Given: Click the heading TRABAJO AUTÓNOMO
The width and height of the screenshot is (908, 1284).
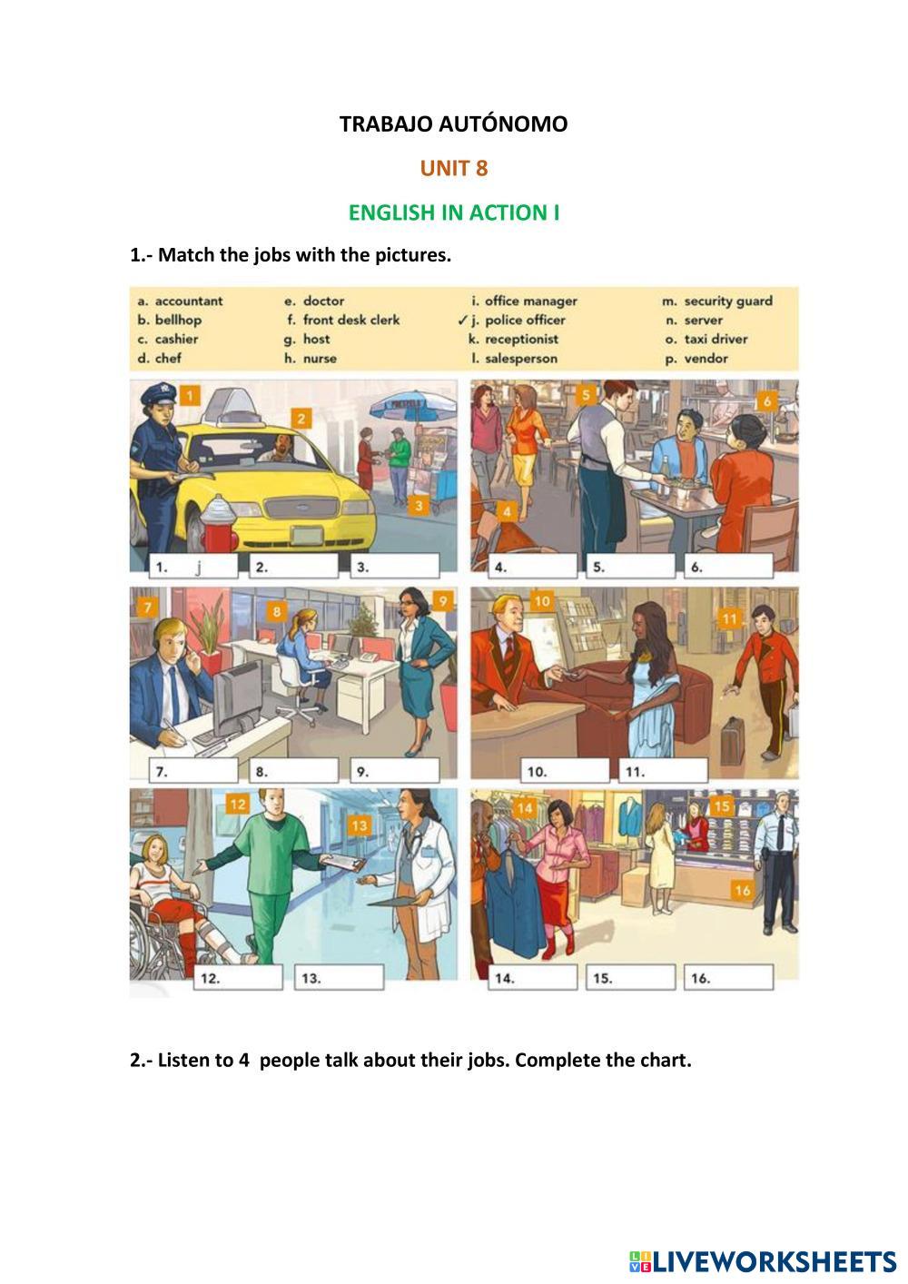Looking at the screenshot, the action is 453,123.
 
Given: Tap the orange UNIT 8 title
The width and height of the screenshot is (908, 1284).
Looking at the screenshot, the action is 453,168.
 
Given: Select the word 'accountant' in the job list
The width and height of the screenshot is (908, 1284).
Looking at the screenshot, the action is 189,301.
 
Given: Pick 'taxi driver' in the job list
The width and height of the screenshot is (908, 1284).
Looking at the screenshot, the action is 716,339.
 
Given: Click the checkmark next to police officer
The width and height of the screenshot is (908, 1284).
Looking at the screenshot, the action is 463,320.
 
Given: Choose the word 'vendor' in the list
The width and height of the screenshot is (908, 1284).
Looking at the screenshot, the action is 706,359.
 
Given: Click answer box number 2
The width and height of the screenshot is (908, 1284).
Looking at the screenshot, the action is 294,567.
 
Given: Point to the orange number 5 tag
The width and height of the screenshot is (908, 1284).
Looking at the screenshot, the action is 586,395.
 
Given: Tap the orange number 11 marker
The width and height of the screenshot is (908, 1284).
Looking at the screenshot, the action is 729,618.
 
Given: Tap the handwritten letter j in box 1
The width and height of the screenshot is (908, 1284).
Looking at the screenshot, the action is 198,567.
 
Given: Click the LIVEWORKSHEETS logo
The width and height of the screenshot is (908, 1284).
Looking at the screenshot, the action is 763,1261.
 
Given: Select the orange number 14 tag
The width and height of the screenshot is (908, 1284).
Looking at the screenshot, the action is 525,808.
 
